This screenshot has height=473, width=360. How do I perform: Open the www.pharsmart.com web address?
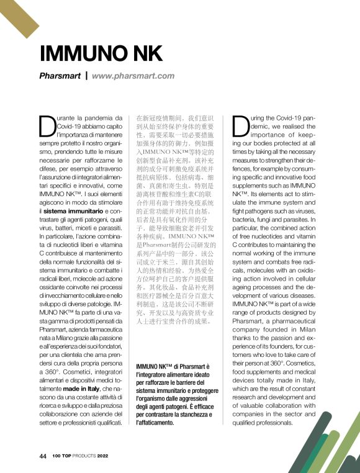pos(133,76)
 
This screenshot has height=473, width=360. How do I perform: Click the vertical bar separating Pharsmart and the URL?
pos(86,76)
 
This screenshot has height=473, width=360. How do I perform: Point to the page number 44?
pos(43,456)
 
